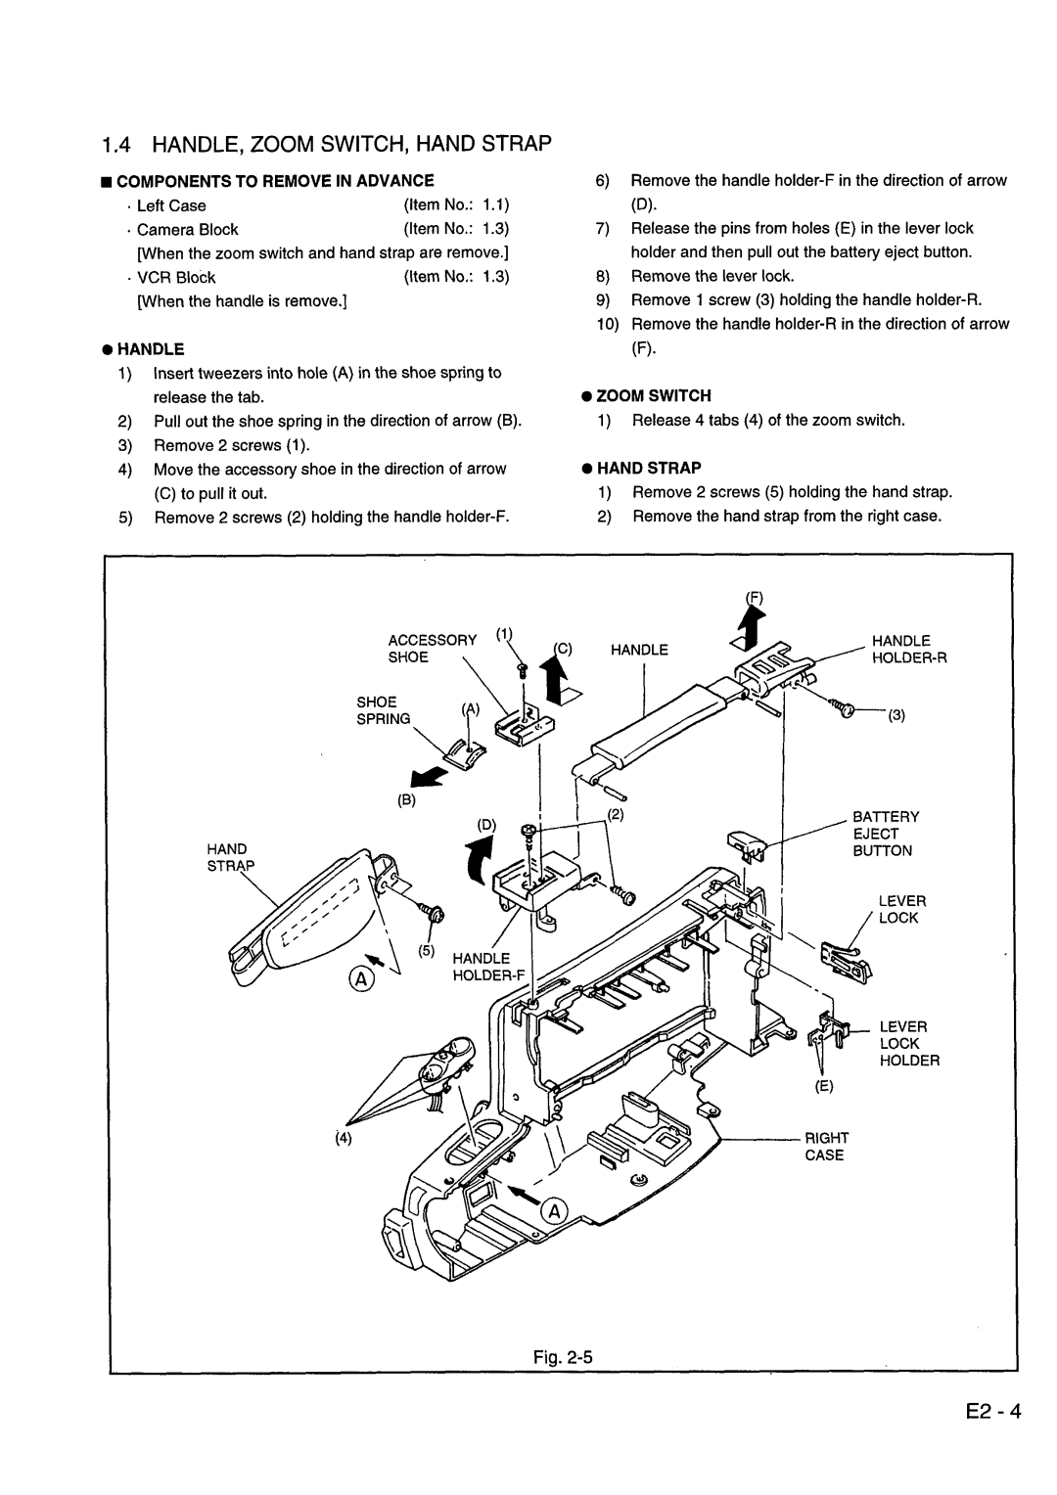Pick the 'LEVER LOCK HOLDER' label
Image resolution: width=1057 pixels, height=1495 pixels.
(x=907, y=1043)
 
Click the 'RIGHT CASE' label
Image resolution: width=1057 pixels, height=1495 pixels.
(x=825, y=1146)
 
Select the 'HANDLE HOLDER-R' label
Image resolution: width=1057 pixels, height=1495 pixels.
(x=908, y=649)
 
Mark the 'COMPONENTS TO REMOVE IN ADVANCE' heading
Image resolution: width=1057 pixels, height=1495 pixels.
(x=274, y=181)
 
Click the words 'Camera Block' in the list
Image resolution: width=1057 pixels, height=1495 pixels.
(x=188, y=229)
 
